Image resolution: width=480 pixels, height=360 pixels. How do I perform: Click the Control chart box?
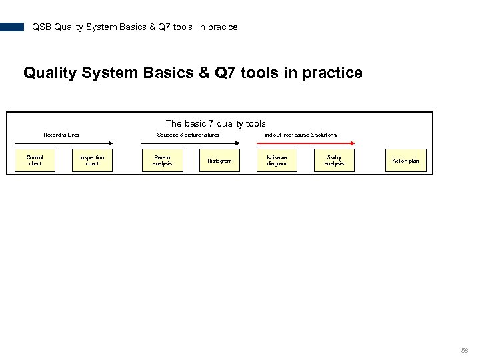pyautogui.click(x=35, y=161)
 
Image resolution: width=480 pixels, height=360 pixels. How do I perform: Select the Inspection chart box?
pyautogui.click(x=92, y=161)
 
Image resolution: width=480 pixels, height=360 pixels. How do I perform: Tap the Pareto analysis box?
pyautogui.click(x=162, y=161)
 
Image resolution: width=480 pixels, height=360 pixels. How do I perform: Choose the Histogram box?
pyautogui.click(x=219, y=161)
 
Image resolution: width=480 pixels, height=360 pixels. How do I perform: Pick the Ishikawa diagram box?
pyautogui.click(x=277, y=161)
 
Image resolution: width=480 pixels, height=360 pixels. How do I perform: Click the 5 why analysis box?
pyautogui.click(x=334, y=161)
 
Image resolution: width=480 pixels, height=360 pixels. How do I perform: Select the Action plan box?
pyautogui.click(x=405, y=161)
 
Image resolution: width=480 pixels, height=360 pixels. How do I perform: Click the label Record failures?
pyautogui.click(x=61, y=135)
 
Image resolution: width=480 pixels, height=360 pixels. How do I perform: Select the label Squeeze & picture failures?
pyautogui.click(x=188, y=135)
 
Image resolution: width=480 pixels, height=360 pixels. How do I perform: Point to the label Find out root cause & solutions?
pyautogui.click(x=299, y=135)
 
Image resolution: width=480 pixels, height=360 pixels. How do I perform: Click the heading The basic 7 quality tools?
pyautogui.click(x=215, y=123)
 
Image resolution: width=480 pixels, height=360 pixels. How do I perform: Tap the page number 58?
pyautogui.click(x=465, y=350)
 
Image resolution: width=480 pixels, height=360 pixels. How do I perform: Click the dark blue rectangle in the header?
pyautogui.click(x=12, y=27)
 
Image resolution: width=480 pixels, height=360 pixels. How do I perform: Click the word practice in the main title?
pyautogui.click(x=332, y=72)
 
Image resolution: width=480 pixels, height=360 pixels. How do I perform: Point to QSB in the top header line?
pyautogui.click(x=41, y=27)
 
